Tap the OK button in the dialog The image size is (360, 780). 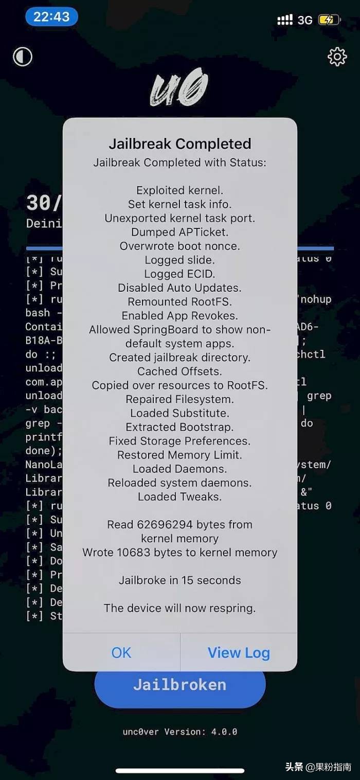pyautogui.click(x=121, y=652)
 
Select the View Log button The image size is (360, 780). pyautogui.click(x=239, y=652)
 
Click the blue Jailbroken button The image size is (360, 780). pyautogui.click(x=180, y=685)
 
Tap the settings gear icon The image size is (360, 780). pyautogui.click(x=337, y=57)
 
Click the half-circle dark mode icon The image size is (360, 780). pyautogui.click(x=23, y=57)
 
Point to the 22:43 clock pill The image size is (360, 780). pyautogui.click(x=51, y=17)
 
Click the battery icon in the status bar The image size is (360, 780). pyautogui.click(x=329, y=20)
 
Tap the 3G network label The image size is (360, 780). pyautogui.click(x=305, y=20)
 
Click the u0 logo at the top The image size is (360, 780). pyautogui.click(x=179, y=88)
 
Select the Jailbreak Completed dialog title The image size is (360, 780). pyautogui.click(x=180, y=144)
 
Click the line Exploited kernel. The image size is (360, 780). pyautogui.click(x=180, y=190)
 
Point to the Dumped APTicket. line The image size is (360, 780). pyautogui.click(x=180, y=232)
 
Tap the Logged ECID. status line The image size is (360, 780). pyautogui.click(x=180, y=274)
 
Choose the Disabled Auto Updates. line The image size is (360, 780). pyautogui.click(x=180, y=288)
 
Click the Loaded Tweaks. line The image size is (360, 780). pyautogui.click(x=180, y=497)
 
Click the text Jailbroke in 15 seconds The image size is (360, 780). pyautogui.click(x=180, y=580)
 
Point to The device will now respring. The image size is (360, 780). pyautogui.click(x=180, y=608)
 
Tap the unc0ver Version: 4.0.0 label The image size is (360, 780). pyautogui.click(x=180, y=731)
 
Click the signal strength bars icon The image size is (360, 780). pyautogui.click(x=285, y=20)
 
